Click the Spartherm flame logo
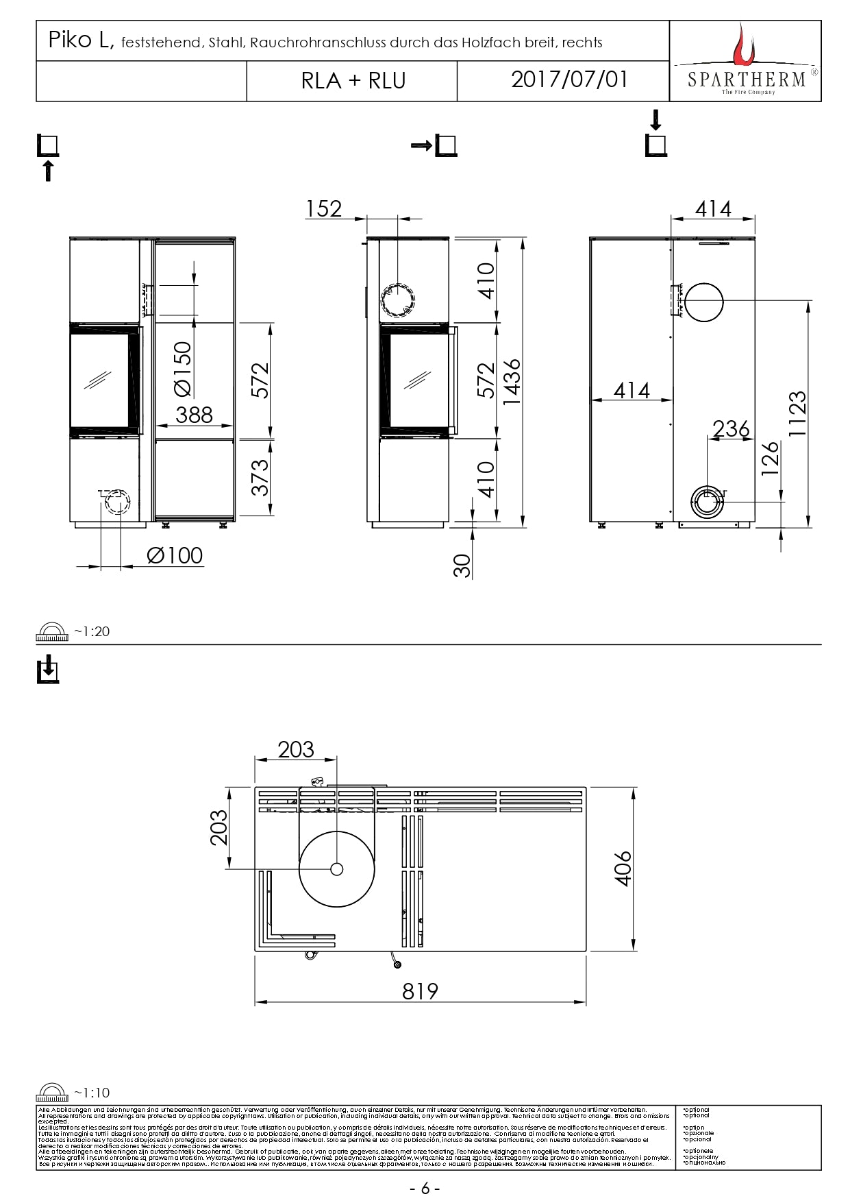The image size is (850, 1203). coord(742,44)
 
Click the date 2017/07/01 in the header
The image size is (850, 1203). coord(569,80)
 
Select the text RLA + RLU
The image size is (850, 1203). coord(353,81)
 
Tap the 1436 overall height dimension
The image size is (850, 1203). coord(512,382)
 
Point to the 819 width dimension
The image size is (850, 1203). coord(420,991)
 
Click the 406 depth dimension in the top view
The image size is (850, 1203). coord(623,869)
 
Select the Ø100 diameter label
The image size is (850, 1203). coord(175,555)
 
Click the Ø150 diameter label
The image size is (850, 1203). coord(183,369)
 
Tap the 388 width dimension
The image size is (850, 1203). coord(194,415)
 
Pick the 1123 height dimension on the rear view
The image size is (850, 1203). coord(797,414)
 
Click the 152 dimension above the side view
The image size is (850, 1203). coord(323,208)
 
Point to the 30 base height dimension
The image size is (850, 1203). coord(464,566)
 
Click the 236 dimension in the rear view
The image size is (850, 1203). coord(731,428)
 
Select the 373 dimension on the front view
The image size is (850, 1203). coord(260,477)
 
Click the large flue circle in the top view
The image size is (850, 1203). coord(336,868)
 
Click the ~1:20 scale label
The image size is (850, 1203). coord(92,631)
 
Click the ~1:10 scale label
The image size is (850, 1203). coord(92,1093)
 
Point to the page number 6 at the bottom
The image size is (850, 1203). coord(425,1188)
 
